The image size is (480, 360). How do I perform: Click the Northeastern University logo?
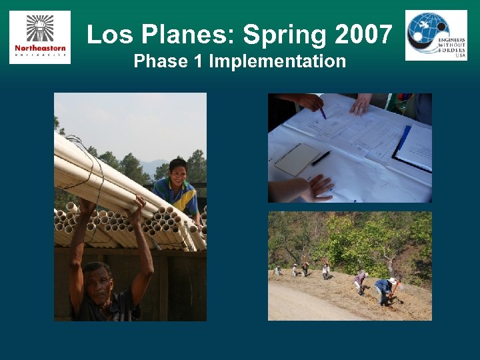(40, 37)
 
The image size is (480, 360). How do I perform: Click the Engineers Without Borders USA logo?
(436, 35)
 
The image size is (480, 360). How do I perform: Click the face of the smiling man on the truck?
(178, 173)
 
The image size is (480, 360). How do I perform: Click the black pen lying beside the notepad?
(321, 158)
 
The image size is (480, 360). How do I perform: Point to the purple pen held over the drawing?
(322, 112)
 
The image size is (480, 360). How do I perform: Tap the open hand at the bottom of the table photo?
(319, 187)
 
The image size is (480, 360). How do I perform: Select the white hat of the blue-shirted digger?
(393, 281)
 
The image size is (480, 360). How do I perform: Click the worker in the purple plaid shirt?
(360, 281)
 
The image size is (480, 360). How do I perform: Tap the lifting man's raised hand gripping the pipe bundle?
(138, 207)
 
